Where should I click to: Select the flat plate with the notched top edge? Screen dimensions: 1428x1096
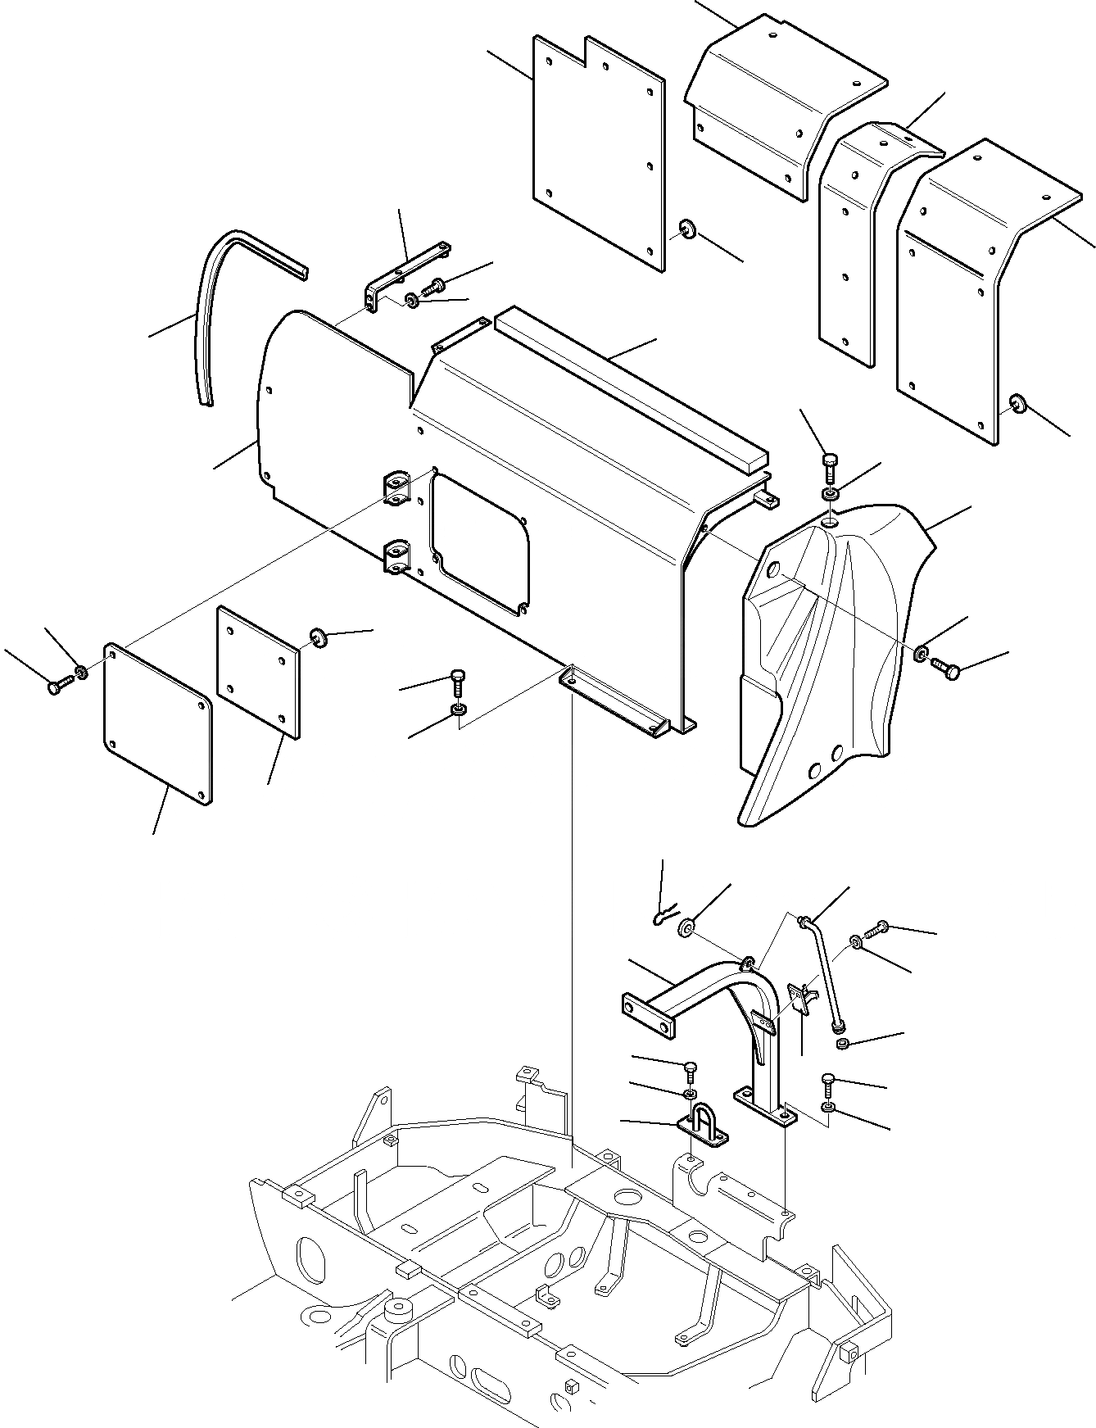point(598,156)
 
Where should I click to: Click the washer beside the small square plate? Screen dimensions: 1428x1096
point(318,637)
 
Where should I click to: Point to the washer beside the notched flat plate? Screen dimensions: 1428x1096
point(686,229)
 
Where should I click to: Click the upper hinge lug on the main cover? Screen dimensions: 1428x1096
point(396,487)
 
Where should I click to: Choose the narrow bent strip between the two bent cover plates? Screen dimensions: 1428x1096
point(852,238)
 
